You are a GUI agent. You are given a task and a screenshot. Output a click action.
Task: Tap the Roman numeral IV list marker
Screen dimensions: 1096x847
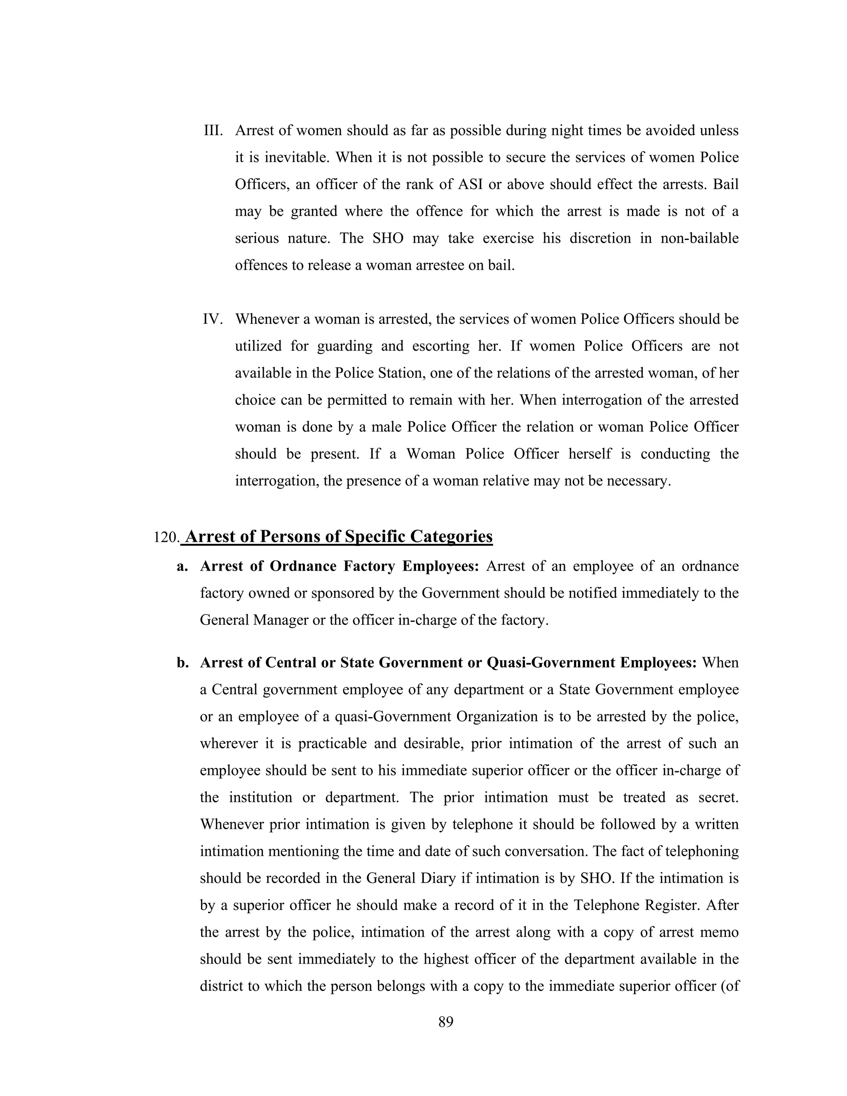[x=213, y=319]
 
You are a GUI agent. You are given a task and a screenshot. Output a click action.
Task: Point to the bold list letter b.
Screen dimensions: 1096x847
[x=183, y=663]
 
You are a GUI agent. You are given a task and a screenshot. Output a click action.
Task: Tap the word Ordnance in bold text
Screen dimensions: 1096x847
[x=303, y=566]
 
